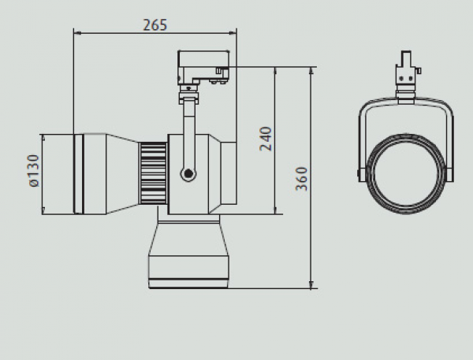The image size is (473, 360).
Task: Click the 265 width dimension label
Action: pyautogui.click(x=155, y=24)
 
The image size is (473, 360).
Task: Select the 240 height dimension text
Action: pyautogui.click(x=266, y=139)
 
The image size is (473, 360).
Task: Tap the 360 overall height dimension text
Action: pyautogui.click(x=301, y=179)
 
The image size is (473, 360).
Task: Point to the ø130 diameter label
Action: pyautogui.click(x=35, y=171)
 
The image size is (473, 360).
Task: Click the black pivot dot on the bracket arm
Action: pyautogui.click(x=188, y=173)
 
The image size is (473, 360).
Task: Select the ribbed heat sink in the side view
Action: pyautogui.click(x=153, y=173)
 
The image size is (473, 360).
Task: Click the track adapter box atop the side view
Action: pyautogui.click(x=203, y=67)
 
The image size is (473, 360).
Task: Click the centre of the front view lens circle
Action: pyautogui.click(x=406, y=174)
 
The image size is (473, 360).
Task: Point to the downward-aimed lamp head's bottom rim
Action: pyautogui.click(x=188, y=284)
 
